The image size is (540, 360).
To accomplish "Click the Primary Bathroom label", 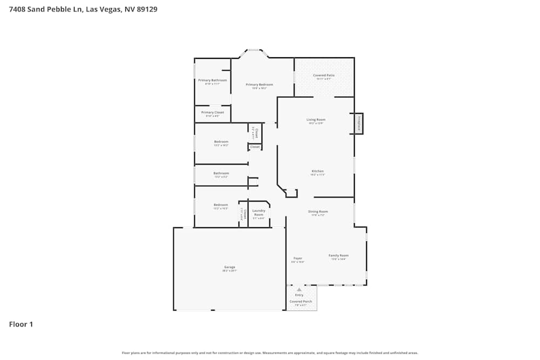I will tap(212, 80).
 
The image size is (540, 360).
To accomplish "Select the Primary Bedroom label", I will tap(259, 85).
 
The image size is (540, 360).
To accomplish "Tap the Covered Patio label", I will tap(323, 76).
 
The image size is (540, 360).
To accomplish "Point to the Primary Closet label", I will tap(212, 113).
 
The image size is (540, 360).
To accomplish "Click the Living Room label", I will tap(316, 120).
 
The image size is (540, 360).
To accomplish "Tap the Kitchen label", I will tap(317, 172).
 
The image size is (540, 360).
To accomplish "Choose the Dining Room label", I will tap(318, 212).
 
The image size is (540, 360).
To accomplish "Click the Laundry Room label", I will tap(259, 213).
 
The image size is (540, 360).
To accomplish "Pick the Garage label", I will tap(230, 267).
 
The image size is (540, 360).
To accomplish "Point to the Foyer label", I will tap(298, 259).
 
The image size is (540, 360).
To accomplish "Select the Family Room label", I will tap(339, 255).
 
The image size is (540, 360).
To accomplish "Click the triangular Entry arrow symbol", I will tap(299, 290).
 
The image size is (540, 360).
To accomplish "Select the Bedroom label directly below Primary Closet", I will tap(221, 141).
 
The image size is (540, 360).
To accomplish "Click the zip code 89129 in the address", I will tap(146, 9).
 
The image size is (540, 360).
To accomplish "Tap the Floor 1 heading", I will tap(21, 324).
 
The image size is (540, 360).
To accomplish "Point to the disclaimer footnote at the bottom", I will tap(269, 353).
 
